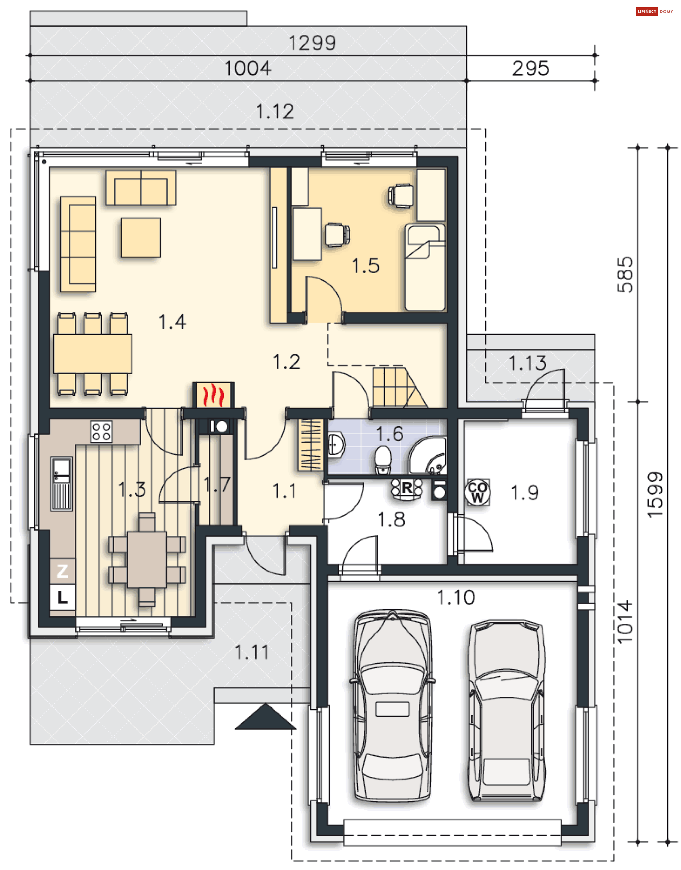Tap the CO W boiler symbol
(x=477, y=492)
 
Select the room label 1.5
(x=366, y=266)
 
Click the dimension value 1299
(x=312, y=43)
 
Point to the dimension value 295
(x=531, y=68)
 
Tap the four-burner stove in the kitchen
(x=102, y=431)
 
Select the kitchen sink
(x=62, y=484)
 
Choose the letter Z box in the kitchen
(x=62, y=571)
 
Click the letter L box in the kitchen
(x=62, y=597)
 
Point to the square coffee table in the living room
(x=141, y=237)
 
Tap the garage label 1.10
(x=456, y=597)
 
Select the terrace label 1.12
(x=275, y=112)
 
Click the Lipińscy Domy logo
(x=655, y=12)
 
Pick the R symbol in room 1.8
(x=407, y=488)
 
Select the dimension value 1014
(x=625, y=622)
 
